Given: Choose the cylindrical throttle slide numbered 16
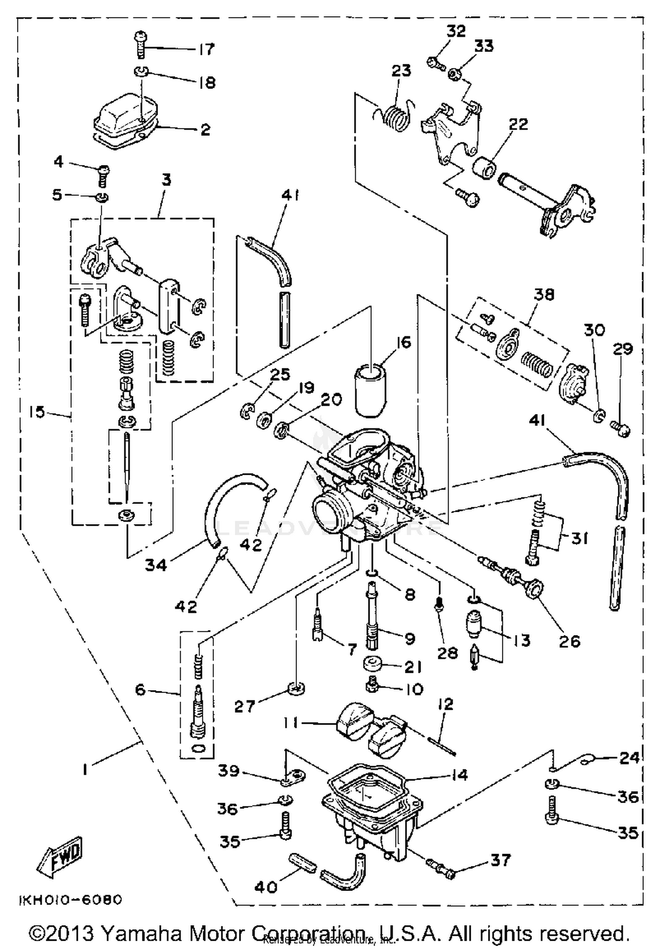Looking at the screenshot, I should click(370, 389).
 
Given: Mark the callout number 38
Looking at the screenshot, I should click(544, 294).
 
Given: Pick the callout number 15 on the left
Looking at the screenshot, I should click(38, 412).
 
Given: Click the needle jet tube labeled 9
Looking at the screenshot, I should click(372, 616).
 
